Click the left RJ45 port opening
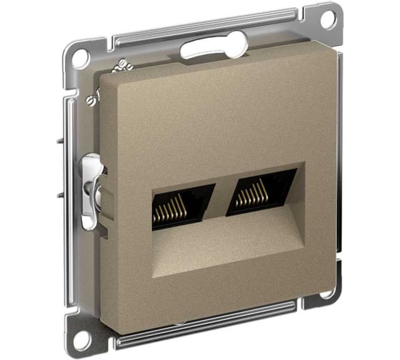(182, 206)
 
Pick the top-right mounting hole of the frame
(328, 19)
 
